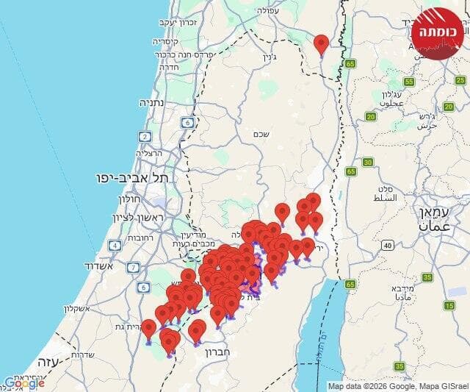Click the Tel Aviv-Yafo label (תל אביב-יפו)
point(132,178)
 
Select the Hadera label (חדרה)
point(170,65)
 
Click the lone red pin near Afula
point(321,44)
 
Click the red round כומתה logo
point(437,31)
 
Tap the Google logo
point(23,382)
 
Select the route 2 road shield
point(145,137)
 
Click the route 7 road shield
point(133,267)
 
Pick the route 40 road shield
point(387,245)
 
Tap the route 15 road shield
point(449,305)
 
